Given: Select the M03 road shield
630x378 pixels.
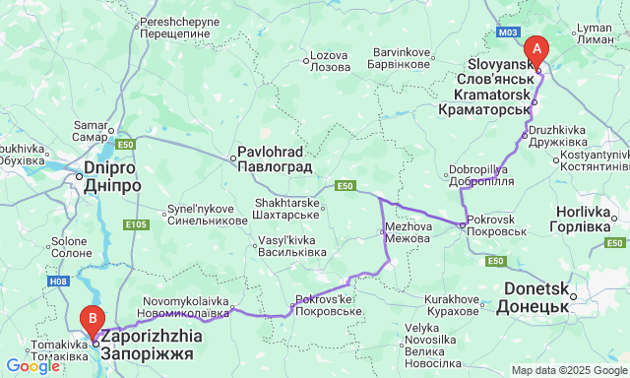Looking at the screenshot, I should point(508,32).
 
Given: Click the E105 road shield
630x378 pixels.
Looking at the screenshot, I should point(137,224).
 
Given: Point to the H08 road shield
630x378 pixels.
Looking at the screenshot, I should point(59,281).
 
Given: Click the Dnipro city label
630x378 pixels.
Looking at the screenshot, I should point(102,176).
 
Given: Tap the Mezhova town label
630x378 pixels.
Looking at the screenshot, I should point(408,231).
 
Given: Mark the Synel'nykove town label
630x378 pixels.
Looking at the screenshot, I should point(207,215).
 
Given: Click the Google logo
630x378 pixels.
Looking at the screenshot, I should point(32,366).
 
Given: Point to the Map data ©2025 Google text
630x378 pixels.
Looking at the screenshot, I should point(568,370).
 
